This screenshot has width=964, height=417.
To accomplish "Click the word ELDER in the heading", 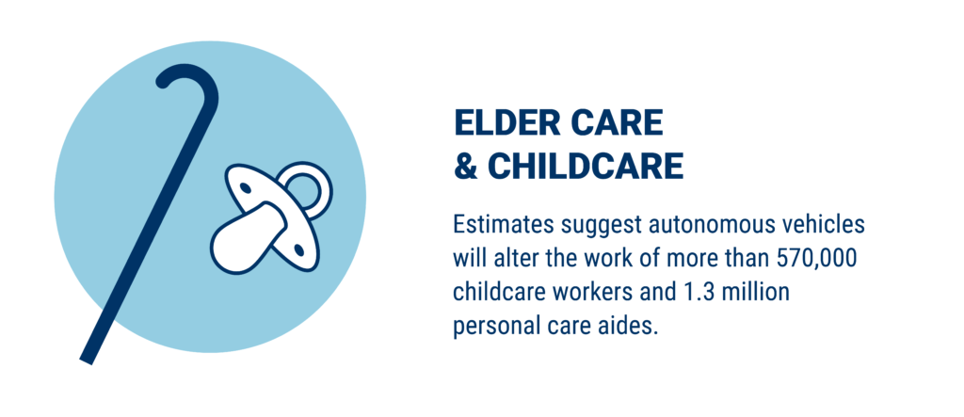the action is pyautogui.click(x=506, y=123).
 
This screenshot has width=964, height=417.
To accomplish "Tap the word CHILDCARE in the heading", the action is pyautogui.click(x=586, y=166).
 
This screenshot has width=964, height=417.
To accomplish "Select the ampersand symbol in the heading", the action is pyautogui.click(x=465, y=166).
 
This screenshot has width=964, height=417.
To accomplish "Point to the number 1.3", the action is pyautogui.click(x=689, y=292).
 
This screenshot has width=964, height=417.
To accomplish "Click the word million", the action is pyautogui.click(x=750, y=292).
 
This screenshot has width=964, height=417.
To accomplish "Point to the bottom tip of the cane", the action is pyautogui.click(x=86, y=361).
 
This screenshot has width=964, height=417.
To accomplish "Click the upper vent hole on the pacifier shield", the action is pyautogui.click(x=245, y=187).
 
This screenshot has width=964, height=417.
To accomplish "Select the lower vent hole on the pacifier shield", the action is pyautogui.click(x=299, y=249).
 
